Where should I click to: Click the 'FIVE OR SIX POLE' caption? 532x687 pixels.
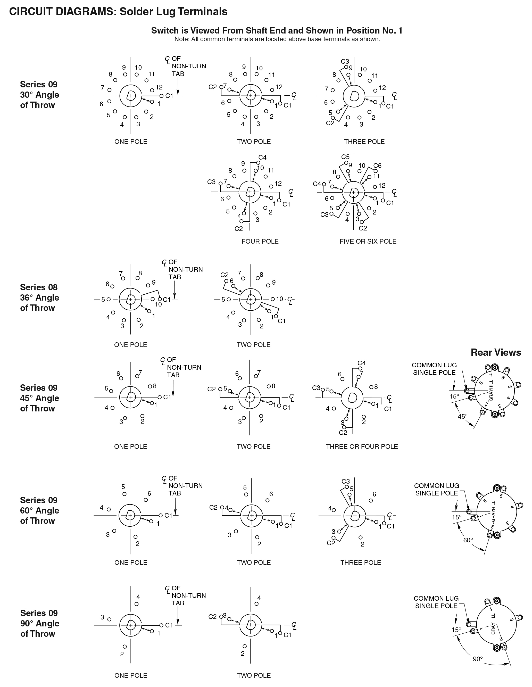coord(368,241)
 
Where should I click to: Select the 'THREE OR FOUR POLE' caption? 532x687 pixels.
coord(362,446)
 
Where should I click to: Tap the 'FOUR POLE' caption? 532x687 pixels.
coord(260,241)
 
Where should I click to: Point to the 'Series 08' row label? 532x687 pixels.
coord(39,287)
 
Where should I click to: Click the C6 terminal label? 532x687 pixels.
coord(377,165)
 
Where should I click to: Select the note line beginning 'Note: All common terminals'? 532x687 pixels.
coord(277,39)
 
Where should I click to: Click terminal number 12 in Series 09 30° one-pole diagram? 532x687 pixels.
coord(159,87)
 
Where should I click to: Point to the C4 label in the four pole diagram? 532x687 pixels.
coord(262,157)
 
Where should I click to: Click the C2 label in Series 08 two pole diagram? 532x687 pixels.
coord(224,275)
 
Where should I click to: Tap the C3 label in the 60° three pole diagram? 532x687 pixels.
coord(345,481)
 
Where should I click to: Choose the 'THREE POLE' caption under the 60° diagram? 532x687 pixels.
coord(361,562)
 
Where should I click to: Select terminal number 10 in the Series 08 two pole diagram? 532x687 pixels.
coord(280,299)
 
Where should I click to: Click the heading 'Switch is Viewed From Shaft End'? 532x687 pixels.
coord(277,30)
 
